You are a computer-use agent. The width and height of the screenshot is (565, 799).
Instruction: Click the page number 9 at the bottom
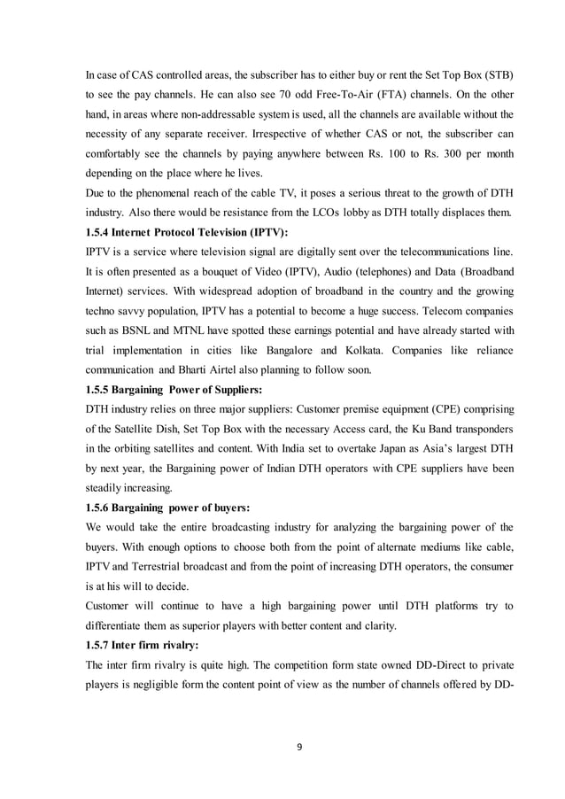point(298,747)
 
